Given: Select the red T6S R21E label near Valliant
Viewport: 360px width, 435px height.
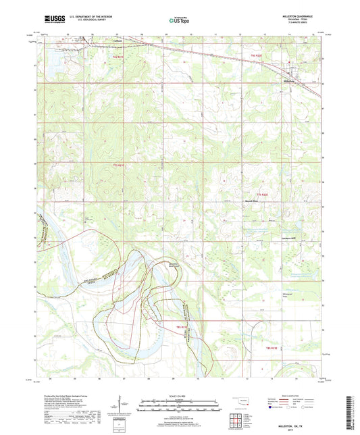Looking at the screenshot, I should pyautogui.click(x=118, y=57).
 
